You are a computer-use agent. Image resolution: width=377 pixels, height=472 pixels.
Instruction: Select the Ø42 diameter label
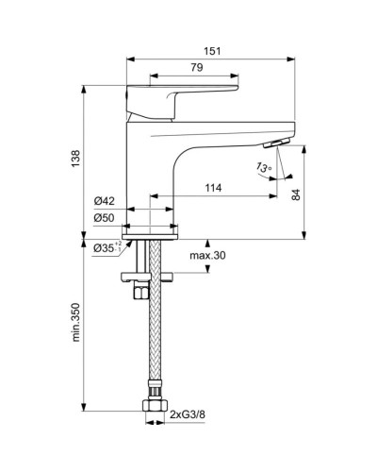pyautogui.click(x=105, y=200)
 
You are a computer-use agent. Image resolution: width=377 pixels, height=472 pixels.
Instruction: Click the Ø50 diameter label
pyautogui.click(x=105, y=219)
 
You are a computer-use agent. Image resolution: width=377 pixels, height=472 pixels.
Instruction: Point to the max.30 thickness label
pyautogui.click(x=206, y=256)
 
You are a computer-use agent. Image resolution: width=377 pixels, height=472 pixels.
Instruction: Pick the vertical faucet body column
pyautogui.click(x=146, y=170)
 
